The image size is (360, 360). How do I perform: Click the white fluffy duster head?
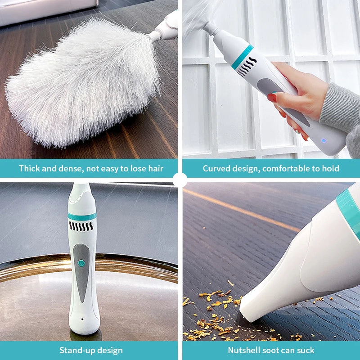pos(83,83)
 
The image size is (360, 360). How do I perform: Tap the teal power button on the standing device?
pos(81,263)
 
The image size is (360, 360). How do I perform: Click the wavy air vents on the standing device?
pos(81,226)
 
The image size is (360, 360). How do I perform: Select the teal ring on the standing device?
pos(82,216)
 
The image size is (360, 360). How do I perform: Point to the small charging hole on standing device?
pos(82,319)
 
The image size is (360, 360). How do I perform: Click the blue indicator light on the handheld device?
pos(324,140)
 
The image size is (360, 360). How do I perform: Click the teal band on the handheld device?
pos(242,57)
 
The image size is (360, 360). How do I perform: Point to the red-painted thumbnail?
pos(272,98)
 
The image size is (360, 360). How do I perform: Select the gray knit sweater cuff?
pos(339,108)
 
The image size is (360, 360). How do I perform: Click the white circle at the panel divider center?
pos(180,180)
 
